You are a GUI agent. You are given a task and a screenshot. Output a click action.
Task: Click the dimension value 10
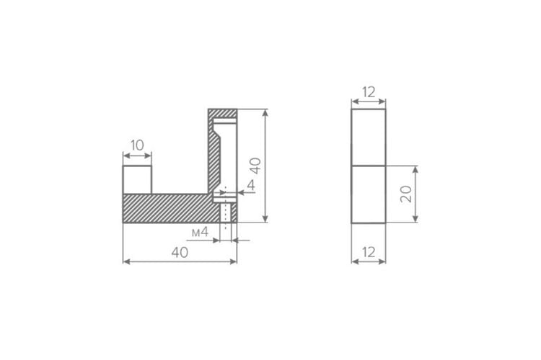pyautogui.click(x=137, y=145)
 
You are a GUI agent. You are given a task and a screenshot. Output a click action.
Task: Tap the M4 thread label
pyautogui.click(x=200, y=232)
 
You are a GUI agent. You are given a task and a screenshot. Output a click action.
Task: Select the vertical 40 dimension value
pyautogui.click(x=255, y=166)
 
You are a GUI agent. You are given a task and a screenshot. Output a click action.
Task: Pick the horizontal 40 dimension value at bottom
pyautogui.click(x=180, y=253)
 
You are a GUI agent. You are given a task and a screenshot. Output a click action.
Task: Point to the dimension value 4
pyautogui.click(x=251, y=185)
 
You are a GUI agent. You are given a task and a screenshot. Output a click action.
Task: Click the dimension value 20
pyautogui.click(x=406, y=194)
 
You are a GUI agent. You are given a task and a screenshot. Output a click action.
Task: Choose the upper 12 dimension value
pyautogui.click(x=369, y=92)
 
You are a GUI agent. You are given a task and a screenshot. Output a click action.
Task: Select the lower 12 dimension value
pyautogui.click(x=369, y=252)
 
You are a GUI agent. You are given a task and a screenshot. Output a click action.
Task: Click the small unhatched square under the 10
pyautogui.click(x=137, y=179)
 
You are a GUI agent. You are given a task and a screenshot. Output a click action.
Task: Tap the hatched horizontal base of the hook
pyautogui.click(x=171, y=208)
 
